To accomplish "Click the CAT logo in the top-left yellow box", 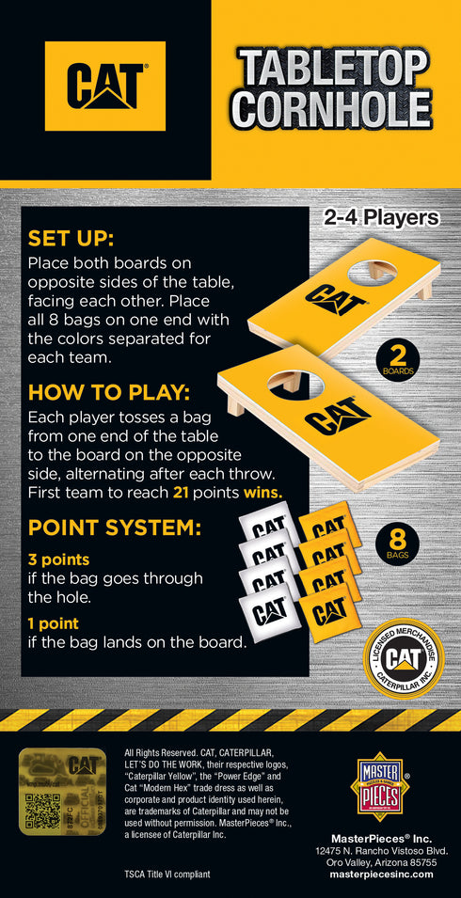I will pyautogui.click(x=105, y=86).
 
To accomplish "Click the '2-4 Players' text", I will pyautogui.click(x=381, y=218).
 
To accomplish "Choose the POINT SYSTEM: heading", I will pyautogui.click(x=115, y=528).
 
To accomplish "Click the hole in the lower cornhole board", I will pyautogui.click(x=295, y=382).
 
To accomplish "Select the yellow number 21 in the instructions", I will pyautogui.click(x=184, y=492).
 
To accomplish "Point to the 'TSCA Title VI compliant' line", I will pyautogui.click(x=167, y=874).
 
